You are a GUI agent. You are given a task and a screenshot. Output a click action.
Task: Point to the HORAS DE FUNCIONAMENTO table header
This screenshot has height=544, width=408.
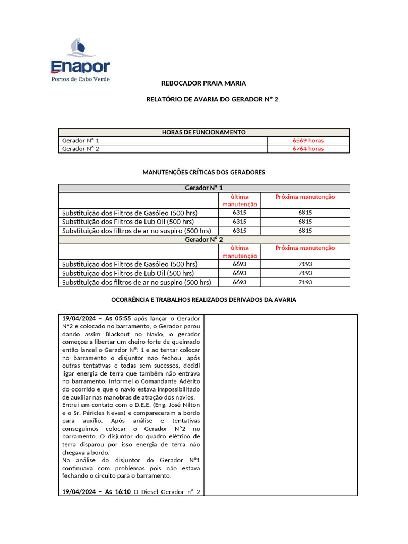(x=203, y=132)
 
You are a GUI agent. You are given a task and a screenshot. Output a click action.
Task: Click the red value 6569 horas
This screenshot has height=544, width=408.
(x=308, y=141)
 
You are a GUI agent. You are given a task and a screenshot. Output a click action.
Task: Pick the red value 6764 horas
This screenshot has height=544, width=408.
(x=308, y=149)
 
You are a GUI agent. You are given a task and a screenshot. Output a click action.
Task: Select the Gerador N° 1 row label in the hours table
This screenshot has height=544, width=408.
(x=81, y=141)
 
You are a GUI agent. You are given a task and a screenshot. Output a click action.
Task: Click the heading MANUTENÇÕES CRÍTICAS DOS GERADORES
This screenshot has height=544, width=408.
(x=203, y=173)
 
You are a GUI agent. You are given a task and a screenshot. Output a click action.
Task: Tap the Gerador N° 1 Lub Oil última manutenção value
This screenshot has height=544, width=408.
(x=240, y=222)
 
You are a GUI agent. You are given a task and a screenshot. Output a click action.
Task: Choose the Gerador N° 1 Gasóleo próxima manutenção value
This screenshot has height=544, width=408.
(x=305, y=212)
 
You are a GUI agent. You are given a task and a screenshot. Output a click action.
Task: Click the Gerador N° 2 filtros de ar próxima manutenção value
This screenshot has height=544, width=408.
(x=305, y=282)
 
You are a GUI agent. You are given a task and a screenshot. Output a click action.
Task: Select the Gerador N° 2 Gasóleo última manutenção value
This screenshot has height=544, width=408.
(x=240, y=264)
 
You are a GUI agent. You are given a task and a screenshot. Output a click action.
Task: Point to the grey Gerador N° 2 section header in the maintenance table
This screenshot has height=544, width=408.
(x=203, y=239)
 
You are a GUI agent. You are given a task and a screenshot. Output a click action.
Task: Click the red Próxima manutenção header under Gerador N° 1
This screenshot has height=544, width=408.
(x=305, y=197)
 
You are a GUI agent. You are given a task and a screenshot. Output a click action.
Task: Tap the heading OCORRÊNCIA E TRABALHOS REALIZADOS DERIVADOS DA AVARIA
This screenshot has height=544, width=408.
(x=203, y=300)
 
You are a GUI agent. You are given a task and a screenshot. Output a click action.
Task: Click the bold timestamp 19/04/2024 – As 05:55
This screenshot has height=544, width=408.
(x=96, y=318)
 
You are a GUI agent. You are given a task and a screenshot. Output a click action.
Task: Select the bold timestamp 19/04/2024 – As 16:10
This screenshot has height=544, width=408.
(x=96, y=491)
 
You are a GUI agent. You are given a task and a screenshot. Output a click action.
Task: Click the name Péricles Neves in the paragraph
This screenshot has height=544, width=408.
(x=109, y=413)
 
